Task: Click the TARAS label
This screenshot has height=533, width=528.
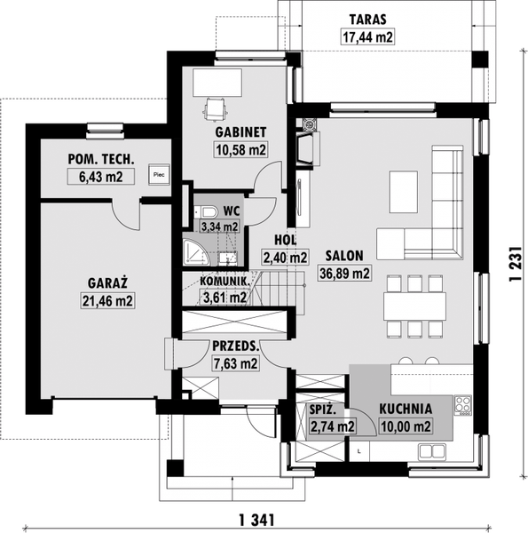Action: pyautogui.click(x=368, y=20)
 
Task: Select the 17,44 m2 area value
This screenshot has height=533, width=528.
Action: pyautogui.click(x=367, y=36)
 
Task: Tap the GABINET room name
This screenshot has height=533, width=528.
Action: pyautogui.click(x=240, y=132)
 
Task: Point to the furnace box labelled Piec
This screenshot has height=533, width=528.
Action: pyautogui.click(x=159, y=175)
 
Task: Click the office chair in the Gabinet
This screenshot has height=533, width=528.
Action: pyautogui.click(x=215, y=109)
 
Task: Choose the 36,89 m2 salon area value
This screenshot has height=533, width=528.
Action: pyautogui.click(x=344, y=274)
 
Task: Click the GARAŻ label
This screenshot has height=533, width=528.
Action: pyautogui.click(x=107, y=282)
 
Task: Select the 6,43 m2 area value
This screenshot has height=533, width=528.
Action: pyautogui.click(x=101, y=177)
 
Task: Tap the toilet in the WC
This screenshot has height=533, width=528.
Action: pyautogui.click(x=206, y=212)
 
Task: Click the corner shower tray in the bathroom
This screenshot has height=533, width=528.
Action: pyautogui.click(x=195, y=252)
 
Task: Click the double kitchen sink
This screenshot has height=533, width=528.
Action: pyautogui.click(x=432, y=451)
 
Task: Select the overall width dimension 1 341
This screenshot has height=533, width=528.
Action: pyautogui.click(x=256, y=520)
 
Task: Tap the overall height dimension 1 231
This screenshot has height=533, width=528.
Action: pyautogui.click(x=515, y=263)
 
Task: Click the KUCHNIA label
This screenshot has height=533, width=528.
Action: pyautogui.click(x=406, y=409)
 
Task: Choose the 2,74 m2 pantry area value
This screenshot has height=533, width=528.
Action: pyautogui.click(x=333, y=426)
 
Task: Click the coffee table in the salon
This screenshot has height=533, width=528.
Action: pyautogui.click(x=404, y=192)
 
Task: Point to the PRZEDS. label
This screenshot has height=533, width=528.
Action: pyautogui.click(x=236, y=346)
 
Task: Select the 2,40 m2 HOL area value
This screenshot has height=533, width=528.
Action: pyautogui.click(x=285, y=258)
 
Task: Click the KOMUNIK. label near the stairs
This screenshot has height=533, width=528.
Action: pyautogui.click(x=225, y=281)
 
